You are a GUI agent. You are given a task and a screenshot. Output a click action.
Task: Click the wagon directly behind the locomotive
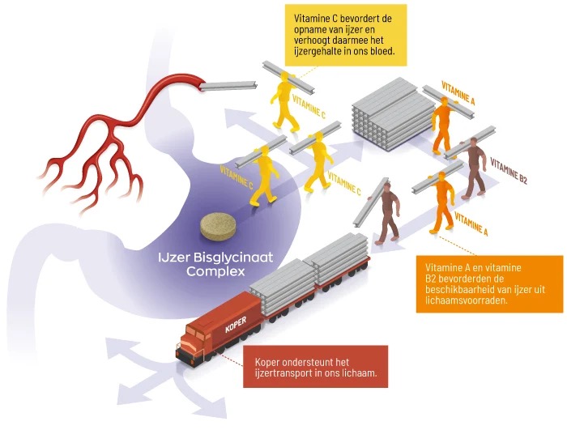[x=279, y=283]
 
